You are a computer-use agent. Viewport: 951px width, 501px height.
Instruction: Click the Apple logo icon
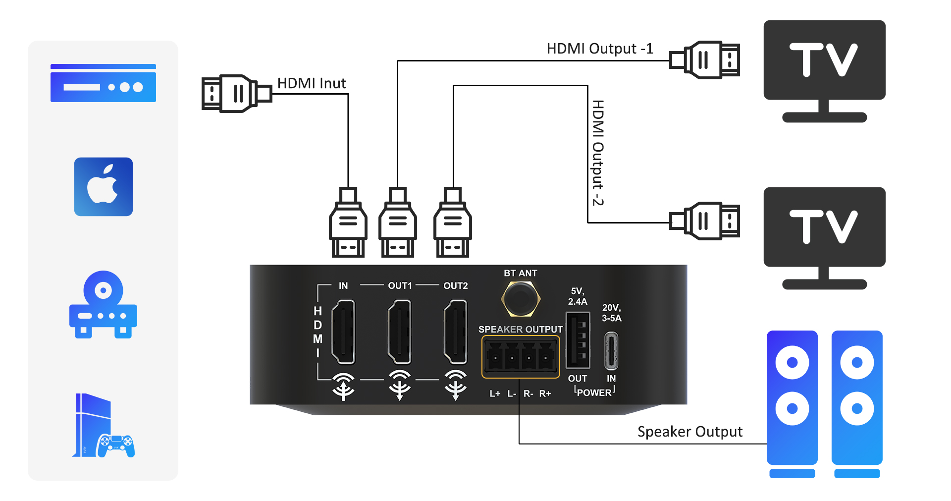[x=103, y=186]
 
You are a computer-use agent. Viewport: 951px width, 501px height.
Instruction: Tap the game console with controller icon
[x=103, y=426]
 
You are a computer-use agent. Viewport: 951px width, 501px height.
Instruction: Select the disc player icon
[x=103, y=304]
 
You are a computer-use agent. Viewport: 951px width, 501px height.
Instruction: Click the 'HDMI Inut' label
[x=311, y=83]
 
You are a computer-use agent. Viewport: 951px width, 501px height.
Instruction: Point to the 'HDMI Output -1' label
[x=599, y=49]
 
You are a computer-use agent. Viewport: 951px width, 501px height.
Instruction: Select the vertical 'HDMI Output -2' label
[x=598, y=153]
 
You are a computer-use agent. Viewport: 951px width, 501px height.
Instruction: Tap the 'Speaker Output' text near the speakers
[x=689, y=432]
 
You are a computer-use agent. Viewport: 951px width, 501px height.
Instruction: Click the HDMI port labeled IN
[x=343, y=332]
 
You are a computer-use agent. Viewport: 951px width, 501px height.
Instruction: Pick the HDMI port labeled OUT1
[x=399, y=332]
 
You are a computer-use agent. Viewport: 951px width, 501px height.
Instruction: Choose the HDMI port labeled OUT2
[x=455, y=332]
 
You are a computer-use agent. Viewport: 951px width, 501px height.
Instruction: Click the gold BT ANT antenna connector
[x=520, y=298]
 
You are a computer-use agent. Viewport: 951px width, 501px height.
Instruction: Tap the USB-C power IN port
[x=611, y=351]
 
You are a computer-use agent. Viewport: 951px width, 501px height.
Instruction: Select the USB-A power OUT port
[x=578, y=340]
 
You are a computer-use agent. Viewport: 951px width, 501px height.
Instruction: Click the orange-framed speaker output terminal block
[x=521, y=356]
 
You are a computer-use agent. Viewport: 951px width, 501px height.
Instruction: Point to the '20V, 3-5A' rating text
[x=611, y=313]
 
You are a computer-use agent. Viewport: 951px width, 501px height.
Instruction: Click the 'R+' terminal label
[x=545, y=393]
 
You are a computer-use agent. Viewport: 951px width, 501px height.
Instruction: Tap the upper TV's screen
[x=824, y=59]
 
